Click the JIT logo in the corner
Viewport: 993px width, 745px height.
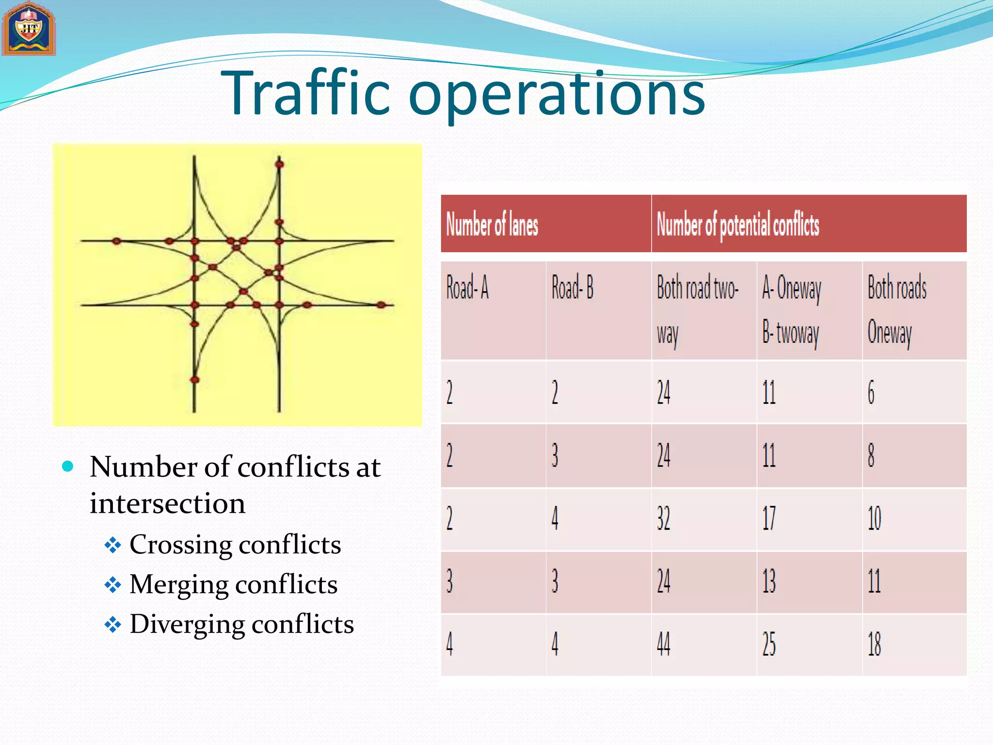coord(29,29)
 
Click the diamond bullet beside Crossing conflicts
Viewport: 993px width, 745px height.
coord(113,545)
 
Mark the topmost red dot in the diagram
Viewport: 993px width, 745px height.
coord(279,165)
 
